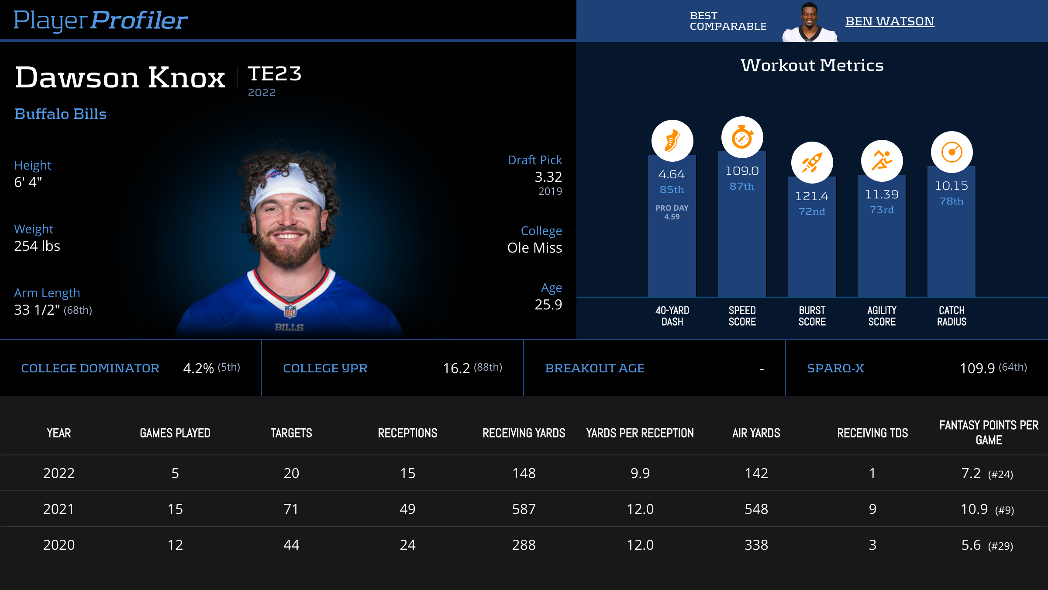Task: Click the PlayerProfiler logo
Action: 100,20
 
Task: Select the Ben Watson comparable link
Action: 889,21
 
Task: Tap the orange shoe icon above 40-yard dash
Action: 672,141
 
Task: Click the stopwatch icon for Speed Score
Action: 742,137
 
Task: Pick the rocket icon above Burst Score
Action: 812,163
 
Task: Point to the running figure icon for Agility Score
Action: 882,160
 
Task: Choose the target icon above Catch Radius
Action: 951,152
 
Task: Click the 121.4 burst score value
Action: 812,196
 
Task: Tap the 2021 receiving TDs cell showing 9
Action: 872,509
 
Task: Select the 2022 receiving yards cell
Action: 524,473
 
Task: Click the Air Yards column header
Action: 756,433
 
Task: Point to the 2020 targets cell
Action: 291,545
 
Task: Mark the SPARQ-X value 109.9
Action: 977,368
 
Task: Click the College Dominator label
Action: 90,368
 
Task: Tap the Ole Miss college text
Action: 534,248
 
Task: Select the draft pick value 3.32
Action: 548,177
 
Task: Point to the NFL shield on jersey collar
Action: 290,311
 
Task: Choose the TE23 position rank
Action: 275,73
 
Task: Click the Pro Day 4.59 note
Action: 672,212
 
